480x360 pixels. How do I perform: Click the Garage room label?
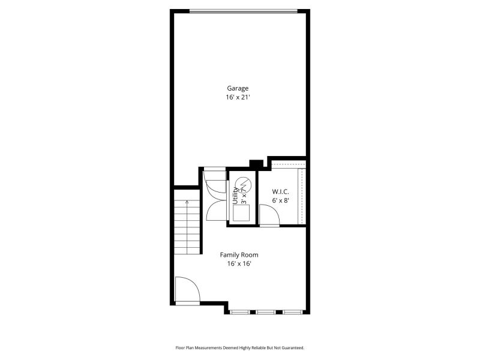pos(238,88)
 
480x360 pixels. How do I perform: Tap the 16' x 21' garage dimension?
pos(238,97)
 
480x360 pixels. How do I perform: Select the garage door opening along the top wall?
pos(244,11)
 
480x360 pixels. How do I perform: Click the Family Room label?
pos(239,255)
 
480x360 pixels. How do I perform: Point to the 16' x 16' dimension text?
pos(239,263)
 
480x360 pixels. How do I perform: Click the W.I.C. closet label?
pos(280,192)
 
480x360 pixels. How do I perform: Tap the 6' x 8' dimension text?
pos(281,200)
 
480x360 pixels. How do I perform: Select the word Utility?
pos(235,196)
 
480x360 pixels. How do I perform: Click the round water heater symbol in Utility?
pos(244,184)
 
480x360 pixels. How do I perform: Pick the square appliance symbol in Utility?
pos(241,213)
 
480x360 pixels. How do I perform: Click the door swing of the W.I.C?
pos(269,215)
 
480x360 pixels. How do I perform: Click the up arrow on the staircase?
pos(187,202)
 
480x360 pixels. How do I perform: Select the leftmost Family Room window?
pos(239,312)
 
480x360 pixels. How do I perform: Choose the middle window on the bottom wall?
pos(266,312)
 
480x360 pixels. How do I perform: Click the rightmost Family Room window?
pos(292,312)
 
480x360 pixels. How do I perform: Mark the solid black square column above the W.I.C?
pos(256,164)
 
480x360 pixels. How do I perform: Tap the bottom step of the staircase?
pos(187,251)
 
